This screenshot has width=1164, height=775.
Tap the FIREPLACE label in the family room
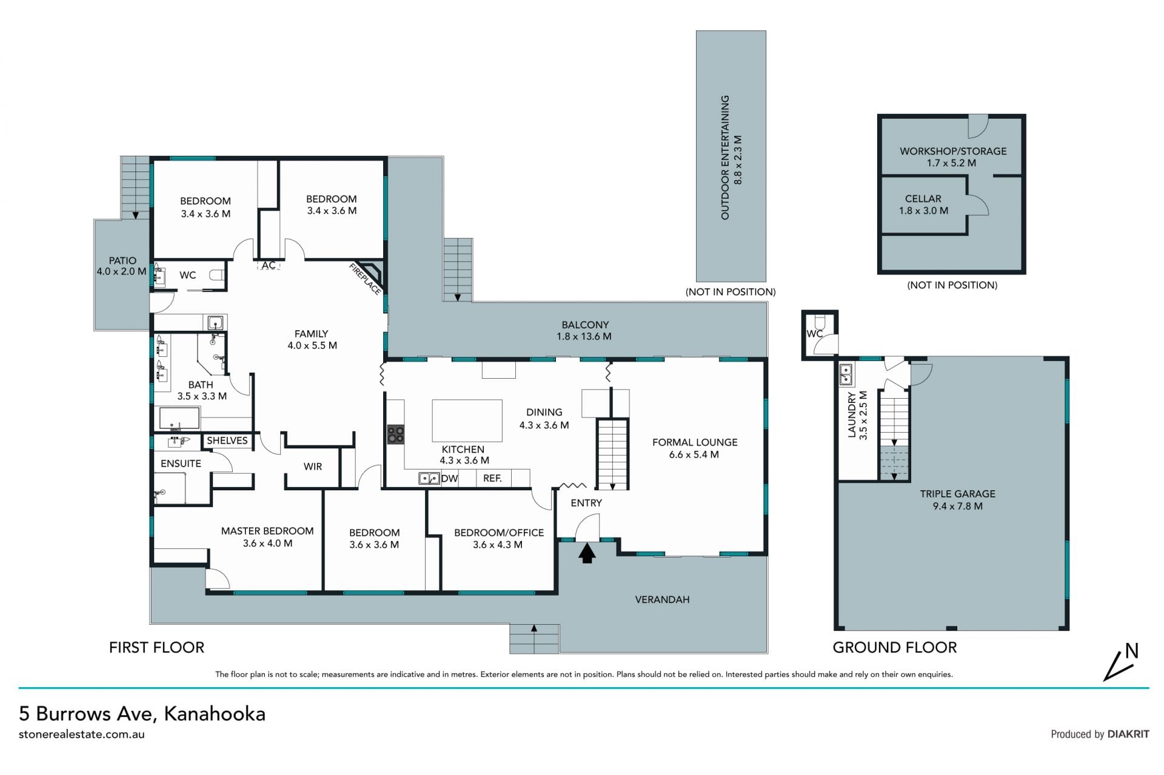tap(365, 279)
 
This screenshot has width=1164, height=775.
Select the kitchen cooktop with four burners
tap(396, 434)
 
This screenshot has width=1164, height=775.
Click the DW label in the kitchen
tap(449, 479)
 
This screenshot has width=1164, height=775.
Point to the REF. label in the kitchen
tap(492, 479)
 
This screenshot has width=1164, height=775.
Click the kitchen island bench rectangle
tap(467, 421)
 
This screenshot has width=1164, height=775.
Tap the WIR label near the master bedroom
tap(313, 467)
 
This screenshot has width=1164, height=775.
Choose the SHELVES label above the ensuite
tap(227, 441)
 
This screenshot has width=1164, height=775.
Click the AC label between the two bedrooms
tap(269, 265)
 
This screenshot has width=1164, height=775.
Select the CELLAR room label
tap(923, 199)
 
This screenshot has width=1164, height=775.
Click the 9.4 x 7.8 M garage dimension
tap(958, 507)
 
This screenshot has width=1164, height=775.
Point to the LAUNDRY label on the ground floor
tap(852, 414)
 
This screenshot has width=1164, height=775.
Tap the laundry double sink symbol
tap(846, 375)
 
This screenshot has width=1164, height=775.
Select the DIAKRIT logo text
tap(1128, 734)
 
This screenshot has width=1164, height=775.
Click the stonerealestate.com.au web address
tap(82, 734)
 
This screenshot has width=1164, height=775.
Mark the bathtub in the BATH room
tap(179, 418)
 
